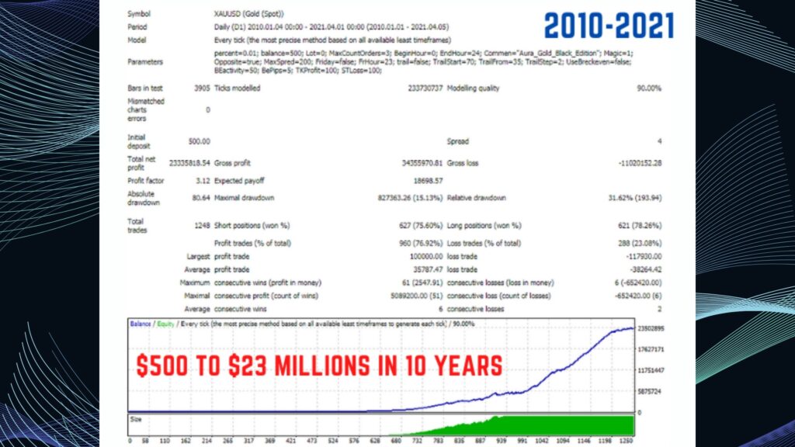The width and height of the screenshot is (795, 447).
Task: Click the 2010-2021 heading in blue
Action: [x=609, y=26]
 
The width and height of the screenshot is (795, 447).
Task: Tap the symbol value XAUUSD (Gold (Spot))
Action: [x=248, y=14]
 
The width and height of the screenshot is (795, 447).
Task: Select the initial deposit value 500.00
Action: [x=199, y=141]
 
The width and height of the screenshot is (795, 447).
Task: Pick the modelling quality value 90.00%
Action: [x=649, y=88]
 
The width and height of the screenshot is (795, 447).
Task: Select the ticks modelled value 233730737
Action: [x=424, y=88]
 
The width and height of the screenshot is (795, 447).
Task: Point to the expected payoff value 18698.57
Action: [x=427, y=180]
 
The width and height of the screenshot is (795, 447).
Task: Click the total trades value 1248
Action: [x=200, y=226]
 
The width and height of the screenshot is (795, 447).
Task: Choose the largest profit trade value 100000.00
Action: [x=425, y=256]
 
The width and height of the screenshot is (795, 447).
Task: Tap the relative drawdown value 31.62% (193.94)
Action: [x=630, y=198]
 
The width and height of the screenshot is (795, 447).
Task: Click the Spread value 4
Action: [x=660, y=141]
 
